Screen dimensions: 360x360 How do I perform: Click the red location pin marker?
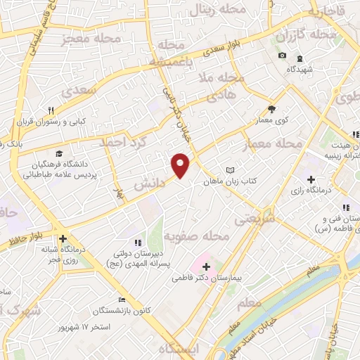coord(181,165)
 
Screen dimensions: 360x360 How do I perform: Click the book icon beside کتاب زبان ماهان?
coord(230,171)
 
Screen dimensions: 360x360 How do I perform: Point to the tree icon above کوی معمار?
coord(272,108)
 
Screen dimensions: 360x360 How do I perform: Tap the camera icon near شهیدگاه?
coord(282,56)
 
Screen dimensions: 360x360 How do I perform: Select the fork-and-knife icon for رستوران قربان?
coord(51,110)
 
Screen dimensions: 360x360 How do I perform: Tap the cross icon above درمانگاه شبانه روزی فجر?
coord(63,238)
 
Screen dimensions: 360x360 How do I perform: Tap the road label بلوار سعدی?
coord(217,51)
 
